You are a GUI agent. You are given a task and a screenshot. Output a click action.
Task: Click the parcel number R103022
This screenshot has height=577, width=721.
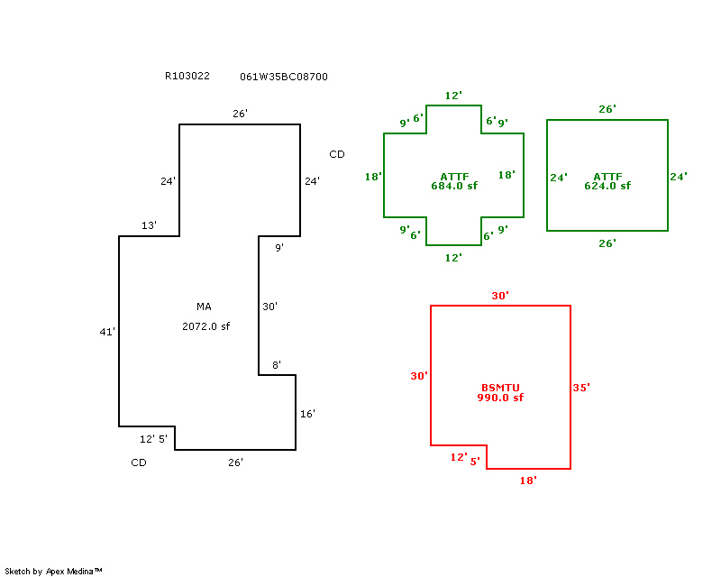click(x=187, y=77)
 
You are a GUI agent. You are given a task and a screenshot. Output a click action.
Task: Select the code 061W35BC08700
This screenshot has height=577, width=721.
click(x=284, y=77)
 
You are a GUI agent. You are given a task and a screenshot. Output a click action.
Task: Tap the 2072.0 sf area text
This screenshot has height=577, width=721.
click(x=206, y=326)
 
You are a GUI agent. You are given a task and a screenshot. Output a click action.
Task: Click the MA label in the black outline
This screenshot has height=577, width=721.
click(x=204, y=307)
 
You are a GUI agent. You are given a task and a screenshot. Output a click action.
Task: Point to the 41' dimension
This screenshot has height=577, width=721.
click(x=107, y=332)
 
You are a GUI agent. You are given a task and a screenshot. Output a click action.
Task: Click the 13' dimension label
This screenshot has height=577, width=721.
click(x=149, y=225)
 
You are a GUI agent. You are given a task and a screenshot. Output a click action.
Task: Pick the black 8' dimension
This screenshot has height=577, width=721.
click(x=277, y=365)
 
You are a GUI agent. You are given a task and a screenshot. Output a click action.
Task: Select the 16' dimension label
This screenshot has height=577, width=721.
click(x=307, y=414)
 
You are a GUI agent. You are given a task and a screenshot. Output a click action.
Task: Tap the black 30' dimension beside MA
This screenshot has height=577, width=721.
click(x=269, y=307)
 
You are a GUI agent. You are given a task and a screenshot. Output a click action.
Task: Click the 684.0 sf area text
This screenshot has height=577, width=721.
click(x=454, y=186)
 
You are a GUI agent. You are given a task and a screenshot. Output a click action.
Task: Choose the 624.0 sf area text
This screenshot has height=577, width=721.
click(x=607, y=186)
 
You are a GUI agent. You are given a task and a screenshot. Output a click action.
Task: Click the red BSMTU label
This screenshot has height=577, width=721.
click(x=500, y=388)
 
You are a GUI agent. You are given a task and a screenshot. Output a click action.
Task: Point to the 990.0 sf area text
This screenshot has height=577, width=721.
click(x=500, y=398)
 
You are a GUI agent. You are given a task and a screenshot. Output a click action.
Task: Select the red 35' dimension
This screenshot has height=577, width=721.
click(x=581, y=388)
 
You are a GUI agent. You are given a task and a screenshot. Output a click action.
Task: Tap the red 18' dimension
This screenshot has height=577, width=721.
click(x=528, y=481)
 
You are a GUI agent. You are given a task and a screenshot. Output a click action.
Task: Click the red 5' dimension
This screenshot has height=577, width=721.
click(x=475, y=461)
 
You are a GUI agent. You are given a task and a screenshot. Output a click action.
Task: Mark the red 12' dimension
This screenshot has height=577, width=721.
click(x=459, y=457)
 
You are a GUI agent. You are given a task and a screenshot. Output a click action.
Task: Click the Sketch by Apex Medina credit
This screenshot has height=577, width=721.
click(x=54, y=571)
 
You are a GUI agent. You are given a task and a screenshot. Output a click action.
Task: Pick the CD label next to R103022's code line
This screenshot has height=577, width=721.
click(x=337, y=154)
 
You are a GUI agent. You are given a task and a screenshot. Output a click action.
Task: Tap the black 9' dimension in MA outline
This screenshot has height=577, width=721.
click(x=279, y=247)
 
